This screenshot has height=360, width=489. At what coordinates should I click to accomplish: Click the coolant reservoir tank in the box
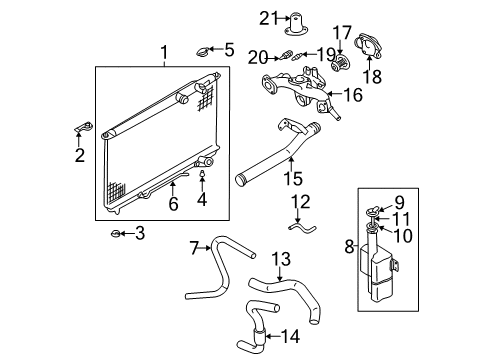(380, 270)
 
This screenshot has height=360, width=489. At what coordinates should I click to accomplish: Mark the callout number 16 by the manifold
(352, 95)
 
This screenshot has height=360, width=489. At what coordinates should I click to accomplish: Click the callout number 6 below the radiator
(173, 203)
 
